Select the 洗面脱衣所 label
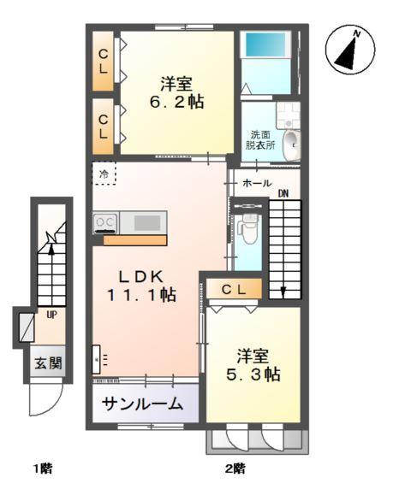tap(260, 141)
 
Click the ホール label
tap(258, 184)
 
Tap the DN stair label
tap(283, 193)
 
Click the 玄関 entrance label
tap(49, 362)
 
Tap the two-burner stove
tap(105, 223)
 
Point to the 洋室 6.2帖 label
tap(176, 92)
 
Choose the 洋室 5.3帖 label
tap(252, 365)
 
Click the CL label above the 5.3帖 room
tap(234, 290)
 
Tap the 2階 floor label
tap(236, 468)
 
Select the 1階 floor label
tap(43, 468)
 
